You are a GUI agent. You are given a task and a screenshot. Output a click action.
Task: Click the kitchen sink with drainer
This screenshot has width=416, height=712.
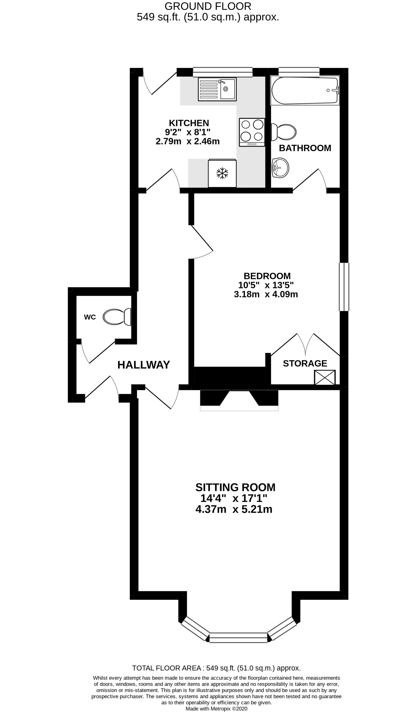217,89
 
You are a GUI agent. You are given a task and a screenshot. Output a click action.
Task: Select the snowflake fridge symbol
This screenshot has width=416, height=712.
222,173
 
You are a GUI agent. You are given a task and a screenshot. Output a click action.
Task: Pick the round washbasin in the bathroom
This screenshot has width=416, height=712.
280,168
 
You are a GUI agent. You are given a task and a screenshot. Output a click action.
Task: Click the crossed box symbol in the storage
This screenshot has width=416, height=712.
325,377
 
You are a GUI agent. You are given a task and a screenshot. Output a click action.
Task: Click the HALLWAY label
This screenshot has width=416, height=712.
144,365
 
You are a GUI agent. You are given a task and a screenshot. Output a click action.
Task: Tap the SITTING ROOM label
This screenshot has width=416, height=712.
235,487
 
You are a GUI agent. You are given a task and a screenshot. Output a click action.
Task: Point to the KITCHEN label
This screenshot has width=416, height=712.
189,123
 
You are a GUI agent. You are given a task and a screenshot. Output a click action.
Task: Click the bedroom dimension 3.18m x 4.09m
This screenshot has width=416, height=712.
266,294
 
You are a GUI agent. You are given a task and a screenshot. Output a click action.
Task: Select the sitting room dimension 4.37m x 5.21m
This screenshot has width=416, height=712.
234,509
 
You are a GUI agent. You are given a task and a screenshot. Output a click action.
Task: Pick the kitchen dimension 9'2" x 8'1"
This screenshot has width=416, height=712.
188,132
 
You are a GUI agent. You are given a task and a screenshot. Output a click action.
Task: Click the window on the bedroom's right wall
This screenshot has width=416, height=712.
344,287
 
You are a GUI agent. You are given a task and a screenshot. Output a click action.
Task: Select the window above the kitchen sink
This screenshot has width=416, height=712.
223,72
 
